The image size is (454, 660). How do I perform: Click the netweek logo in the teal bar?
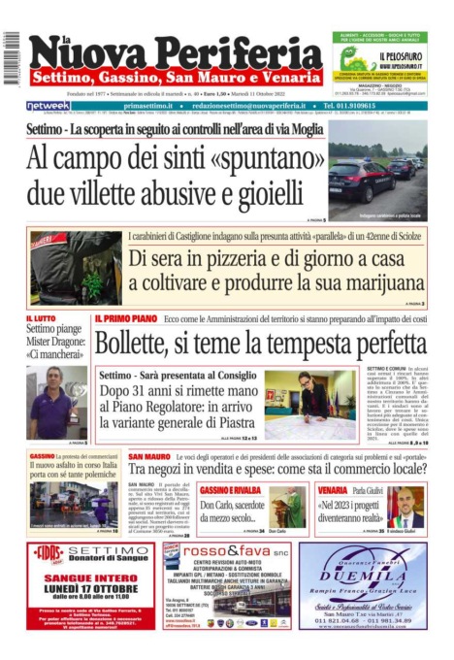[x=48, y=105]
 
